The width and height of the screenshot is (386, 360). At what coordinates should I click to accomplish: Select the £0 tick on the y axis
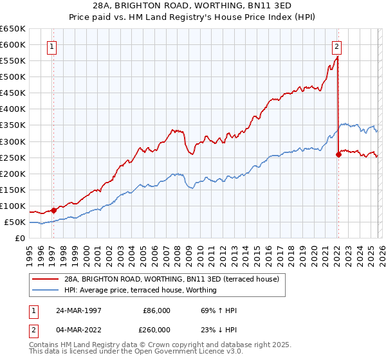tap(21, 238)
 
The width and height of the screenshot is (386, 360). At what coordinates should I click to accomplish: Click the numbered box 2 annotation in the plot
tap(336, 46)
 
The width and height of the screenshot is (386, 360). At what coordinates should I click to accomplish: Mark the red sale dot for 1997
tap(54, 210)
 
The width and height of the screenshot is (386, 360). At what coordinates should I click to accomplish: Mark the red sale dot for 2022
tap(338, 154)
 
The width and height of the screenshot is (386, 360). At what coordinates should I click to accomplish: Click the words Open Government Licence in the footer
tap(173, 352)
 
